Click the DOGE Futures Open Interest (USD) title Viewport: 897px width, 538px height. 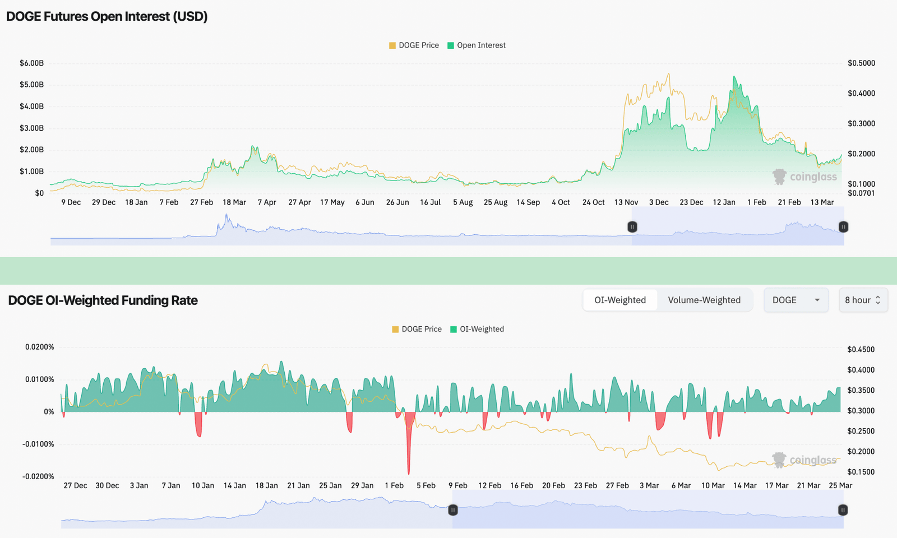click(x=107, y=16)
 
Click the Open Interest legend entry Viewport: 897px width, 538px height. click(x=477, y=45)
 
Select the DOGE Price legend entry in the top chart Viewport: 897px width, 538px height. click(x=414, y=45)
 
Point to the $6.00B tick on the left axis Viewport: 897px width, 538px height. click(x=31, y=63)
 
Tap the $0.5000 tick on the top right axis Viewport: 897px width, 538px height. click(x=861, y=63)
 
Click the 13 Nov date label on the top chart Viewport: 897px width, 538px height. click(x=626, y=202)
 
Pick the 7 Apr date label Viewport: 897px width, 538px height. click(x=267, y=202)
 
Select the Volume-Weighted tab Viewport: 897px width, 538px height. click(x=704, y=300)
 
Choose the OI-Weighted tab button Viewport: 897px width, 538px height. click(x=620, y=300)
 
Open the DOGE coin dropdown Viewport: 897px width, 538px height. click(x=796, y=300)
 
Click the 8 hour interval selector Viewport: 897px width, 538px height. click(x=863, y=300)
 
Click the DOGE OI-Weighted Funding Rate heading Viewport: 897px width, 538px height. click(x=103, y=300)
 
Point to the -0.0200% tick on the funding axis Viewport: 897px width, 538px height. click(x=38, y=476)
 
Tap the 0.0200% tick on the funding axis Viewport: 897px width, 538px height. click(x=39, y=347)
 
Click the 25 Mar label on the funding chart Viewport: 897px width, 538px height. click(x=840, y=486)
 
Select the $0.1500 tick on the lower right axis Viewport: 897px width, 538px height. click(x=861, y=472)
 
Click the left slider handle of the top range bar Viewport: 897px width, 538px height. click(x=632, y=227)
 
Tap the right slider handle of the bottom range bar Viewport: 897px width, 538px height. click(x=843, y=510)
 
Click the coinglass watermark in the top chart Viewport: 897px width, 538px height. click(x=805, y=177)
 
